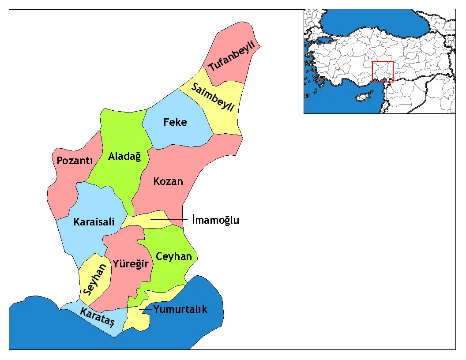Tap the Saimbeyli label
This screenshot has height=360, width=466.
[212, 97]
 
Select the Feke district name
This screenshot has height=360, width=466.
[175, 122]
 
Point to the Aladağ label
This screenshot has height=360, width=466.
[124, 156]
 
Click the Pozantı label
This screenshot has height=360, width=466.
[75, 161]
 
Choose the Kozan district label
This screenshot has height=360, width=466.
[168, 181]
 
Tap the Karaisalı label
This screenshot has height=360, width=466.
[94, 221]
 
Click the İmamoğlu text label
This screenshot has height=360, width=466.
[216, 220]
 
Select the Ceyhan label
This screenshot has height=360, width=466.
[174, 256]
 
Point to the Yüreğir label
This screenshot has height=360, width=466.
[130, 264]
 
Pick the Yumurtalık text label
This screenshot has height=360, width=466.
[180, 310]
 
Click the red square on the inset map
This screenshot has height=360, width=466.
[382, 71]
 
